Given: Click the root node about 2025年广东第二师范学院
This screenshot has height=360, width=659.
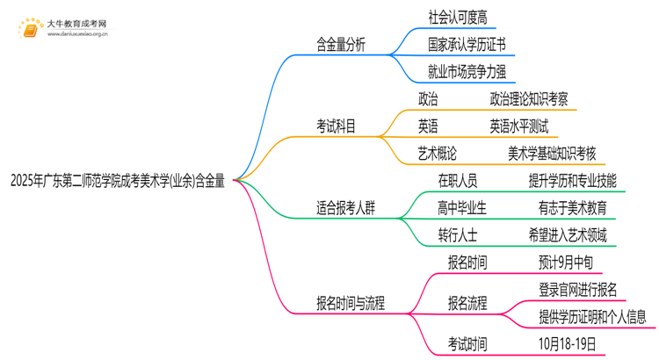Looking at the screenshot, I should click(x=117, y=182).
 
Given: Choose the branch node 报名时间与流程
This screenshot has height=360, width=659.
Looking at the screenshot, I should click(x=350, y=304).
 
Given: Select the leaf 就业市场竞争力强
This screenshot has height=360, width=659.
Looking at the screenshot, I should click(x=466, y=70).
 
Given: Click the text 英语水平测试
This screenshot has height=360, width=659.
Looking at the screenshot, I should click(x=518, y=126).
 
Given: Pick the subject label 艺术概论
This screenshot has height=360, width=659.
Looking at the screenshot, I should click(x=438, y=154).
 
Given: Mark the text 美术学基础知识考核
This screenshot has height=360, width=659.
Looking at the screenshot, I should click(x=552, y=154).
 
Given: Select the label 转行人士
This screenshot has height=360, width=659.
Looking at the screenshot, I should click(x=457, y=235).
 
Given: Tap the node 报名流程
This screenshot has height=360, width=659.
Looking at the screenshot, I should click(x=467, y=304).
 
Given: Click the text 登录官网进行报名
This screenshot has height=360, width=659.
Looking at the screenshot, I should click(x=577, y=290).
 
